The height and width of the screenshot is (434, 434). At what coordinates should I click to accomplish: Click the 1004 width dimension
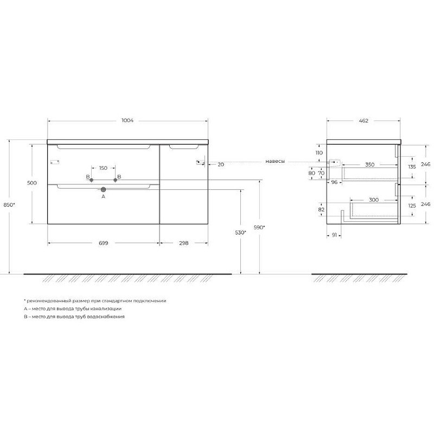pos(127,120)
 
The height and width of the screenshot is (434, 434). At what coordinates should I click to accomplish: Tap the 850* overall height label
pos(9,205)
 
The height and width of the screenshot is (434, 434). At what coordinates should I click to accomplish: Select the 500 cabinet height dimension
pos(32,183)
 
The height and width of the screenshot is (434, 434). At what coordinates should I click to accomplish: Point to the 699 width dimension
pos(103,243)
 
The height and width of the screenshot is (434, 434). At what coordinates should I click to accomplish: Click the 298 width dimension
pos(184,243)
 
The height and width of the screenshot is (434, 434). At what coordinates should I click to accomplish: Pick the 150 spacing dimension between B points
pos(103,168)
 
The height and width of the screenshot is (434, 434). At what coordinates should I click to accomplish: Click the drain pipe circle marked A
pos(103,189)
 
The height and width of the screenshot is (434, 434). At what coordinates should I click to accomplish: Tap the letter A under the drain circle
pos(103,196)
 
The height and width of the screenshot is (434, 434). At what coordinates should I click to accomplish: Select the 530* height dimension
pos(240,233)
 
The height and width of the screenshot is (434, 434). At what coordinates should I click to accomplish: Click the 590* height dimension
pos(259,227)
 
